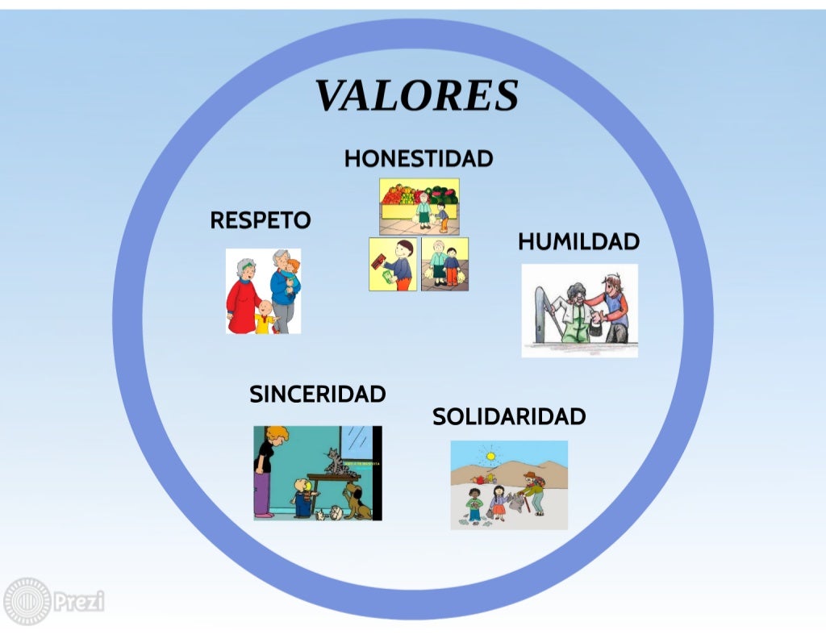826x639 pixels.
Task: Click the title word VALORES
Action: (416, 96)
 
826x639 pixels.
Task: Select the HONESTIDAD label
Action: (418, 158)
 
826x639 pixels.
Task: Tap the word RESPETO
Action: (260, 220)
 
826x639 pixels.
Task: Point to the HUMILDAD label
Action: (578, 241)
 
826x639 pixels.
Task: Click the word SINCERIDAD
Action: (317, 394)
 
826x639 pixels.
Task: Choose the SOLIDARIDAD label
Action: (508, 416)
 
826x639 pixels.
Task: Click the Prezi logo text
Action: (79, 601)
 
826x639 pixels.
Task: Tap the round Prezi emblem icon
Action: (27, 602)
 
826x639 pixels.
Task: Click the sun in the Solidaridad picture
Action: (489, 457)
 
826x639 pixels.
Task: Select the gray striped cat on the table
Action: (334, 461)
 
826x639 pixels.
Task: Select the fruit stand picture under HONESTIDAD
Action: (419, 206)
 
